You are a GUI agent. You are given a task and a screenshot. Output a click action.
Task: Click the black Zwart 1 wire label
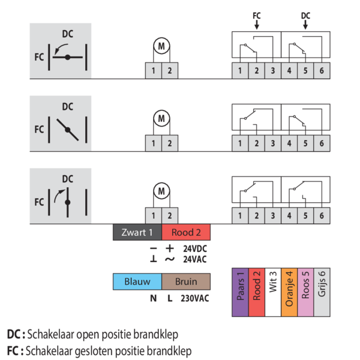137,233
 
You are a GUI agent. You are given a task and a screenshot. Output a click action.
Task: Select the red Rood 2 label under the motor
185,233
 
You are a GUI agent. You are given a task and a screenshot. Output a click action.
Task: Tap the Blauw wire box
137,281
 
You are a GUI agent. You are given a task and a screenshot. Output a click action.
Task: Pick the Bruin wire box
185,281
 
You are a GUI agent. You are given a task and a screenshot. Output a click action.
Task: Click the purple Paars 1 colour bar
240,292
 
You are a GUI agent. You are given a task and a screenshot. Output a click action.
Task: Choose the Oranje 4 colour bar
289,292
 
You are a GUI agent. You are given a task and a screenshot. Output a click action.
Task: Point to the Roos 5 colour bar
305,292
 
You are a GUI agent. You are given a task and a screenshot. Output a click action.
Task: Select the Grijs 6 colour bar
321,292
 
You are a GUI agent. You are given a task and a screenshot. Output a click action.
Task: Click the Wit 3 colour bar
272,292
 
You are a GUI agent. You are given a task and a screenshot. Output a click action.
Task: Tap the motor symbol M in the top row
161,44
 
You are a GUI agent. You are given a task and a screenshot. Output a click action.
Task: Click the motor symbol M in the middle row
161,118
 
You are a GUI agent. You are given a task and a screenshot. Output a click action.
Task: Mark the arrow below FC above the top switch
256,25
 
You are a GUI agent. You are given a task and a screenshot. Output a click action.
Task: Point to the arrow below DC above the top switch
305,25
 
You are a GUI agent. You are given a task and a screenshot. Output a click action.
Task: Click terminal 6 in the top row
321,71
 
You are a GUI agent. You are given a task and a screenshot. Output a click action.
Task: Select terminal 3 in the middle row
272,143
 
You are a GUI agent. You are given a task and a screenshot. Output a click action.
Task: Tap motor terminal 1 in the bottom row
153,215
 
